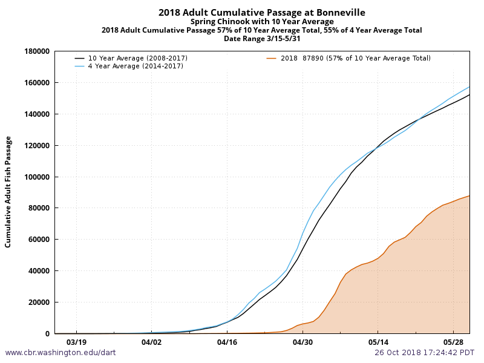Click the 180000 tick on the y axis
tap(36, 51)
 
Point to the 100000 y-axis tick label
tap(36, 177)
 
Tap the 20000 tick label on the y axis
tap(38, 302)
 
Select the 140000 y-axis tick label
tap(36, 114)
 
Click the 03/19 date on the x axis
tap(76, 342)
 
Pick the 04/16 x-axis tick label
tap(227, 342)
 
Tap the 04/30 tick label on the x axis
tap(302, 342)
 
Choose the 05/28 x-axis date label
tap(453, 342)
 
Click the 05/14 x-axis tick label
tap(378, 342)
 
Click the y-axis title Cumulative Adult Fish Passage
tap(8, 192)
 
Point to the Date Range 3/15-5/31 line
tap(262, 38)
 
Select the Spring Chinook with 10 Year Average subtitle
tap(262, 21)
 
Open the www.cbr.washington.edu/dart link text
tap(60, 352)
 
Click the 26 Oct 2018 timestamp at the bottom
tap(424, 352)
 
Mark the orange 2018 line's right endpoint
tap(469, 195)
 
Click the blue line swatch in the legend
tap(80, 66)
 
